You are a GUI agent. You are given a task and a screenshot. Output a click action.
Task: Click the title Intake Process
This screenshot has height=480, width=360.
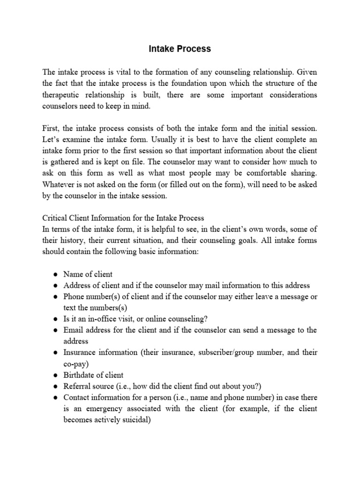pyautogui.click(x=180, y=49)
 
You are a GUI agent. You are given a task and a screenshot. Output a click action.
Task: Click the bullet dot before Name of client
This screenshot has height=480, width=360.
pyautogui.click(x=55, y=275)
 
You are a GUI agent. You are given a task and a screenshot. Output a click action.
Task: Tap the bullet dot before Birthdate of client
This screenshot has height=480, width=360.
pyautogui.click(x=55, y=375)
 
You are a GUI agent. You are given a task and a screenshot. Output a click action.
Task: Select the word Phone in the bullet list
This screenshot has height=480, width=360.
pyautogui.click(x=74, y=297)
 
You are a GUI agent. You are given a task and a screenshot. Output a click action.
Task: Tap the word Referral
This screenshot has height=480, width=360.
pyautogui.click(x=77, y=386)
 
